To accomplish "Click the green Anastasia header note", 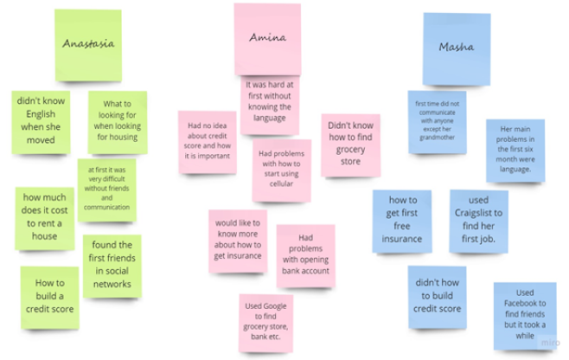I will (89, 43).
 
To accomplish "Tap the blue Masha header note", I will (456, 47).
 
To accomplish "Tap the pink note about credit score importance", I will (208, 141).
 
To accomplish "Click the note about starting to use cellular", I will (281, 166).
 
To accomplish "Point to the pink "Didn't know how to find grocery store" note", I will (350, 143).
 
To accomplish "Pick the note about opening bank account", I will (305, 254).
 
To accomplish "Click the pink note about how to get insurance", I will (237, 238).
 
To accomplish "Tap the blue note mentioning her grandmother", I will (437, 121).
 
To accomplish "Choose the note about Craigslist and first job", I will (477, 220).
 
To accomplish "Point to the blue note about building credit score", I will (437, 296).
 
